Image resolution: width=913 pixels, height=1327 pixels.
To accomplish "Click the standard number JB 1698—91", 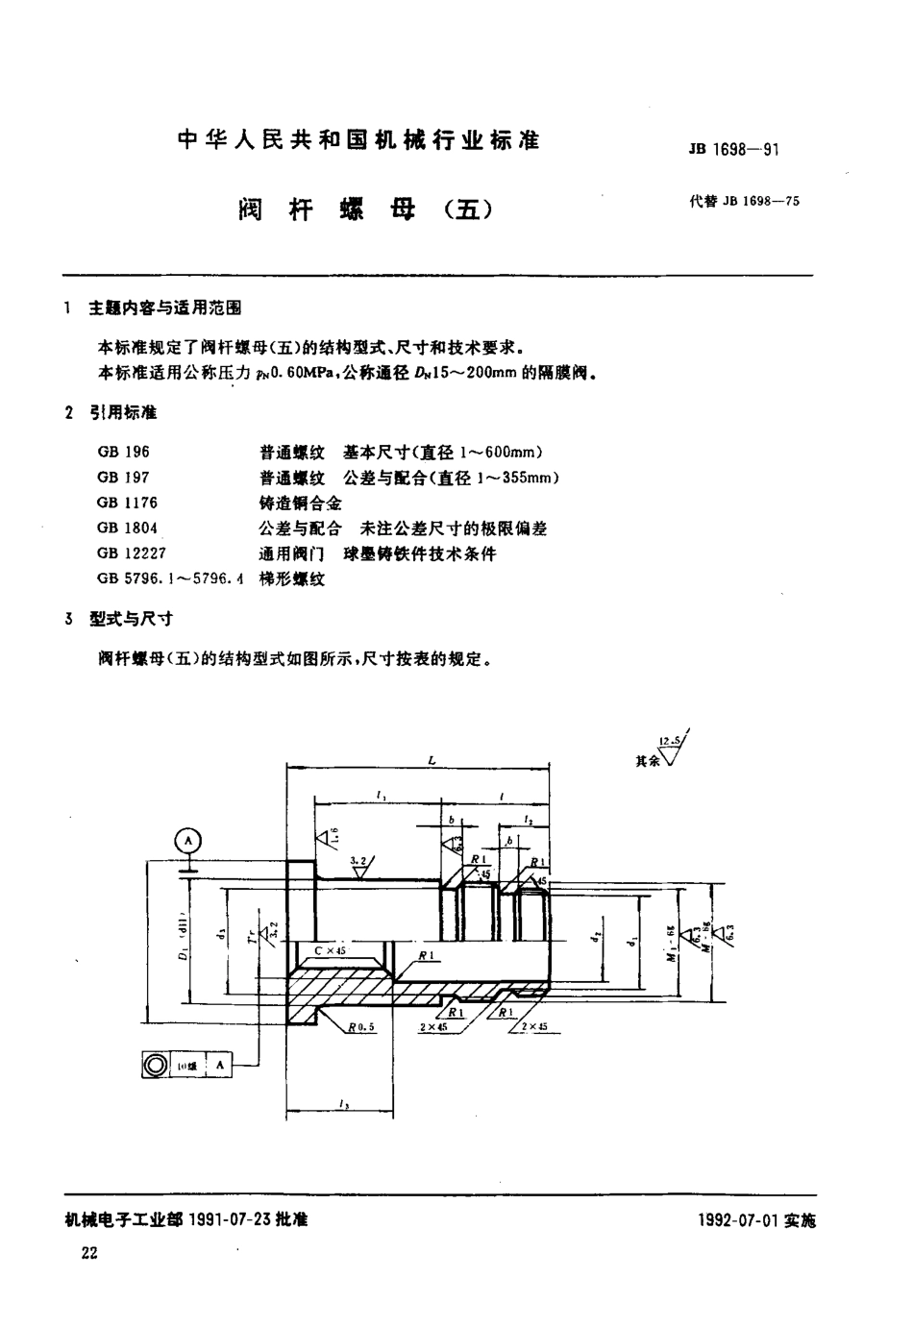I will click(732, 150).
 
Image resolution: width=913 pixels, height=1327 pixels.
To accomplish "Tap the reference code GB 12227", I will click(130, 554).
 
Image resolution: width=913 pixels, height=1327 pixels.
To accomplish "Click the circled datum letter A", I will click(189, 842).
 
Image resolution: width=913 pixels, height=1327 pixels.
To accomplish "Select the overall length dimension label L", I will click(432, 761).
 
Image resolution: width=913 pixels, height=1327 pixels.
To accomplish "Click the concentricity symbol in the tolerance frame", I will click(154, 1066).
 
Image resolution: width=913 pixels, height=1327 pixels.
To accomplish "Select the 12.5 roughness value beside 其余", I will click(670, 741).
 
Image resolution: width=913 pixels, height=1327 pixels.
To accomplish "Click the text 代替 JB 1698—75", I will click(743, 202).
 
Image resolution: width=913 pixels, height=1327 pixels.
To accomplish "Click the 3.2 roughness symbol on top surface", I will click(358, 864).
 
